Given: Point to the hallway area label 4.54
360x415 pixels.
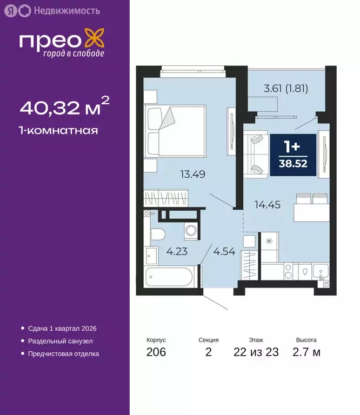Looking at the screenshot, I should (224, 251).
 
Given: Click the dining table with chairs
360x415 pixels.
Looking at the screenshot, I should (310, 208).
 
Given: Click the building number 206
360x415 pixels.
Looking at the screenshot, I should (156, 352).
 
